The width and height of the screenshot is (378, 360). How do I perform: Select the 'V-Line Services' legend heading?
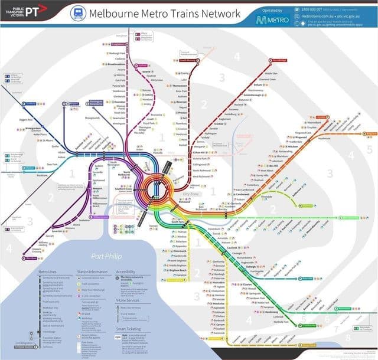click(x=130, y=300)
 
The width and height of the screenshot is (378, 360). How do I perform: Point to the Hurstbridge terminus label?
click(x=279, y=60)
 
